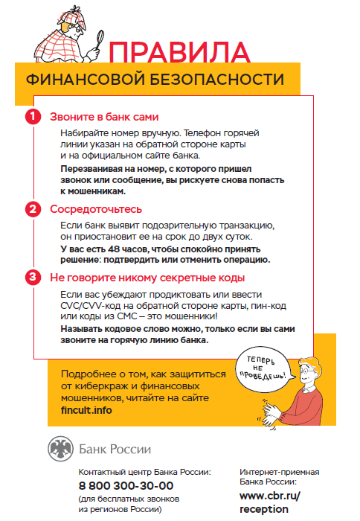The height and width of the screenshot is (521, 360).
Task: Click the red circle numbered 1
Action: coord(32,117)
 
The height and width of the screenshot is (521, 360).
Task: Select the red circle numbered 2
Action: coord(32,209)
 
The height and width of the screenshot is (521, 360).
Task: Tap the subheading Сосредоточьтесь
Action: coord(95,209)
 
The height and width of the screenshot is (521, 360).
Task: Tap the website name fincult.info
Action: coord(86,409)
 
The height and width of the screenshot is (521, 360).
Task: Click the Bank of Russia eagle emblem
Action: coord(60,449)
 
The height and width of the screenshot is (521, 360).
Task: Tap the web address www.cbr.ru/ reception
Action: coord(269,501)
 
